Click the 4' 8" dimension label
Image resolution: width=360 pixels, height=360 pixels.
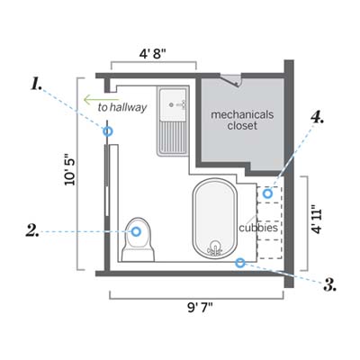coord(153,54)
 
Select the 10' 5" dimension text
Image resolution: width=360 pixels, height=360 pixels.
coord(70,172)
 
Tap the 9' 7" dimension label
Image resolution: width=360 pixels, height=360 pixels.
coord(200,308)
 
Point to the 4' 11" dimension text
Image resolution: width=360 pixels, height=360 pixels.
coord(317,220)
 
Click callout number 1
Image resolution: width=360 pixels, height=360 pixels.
coord(36,84)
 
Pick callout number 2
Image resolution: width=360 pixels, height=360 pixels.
coord(32,231)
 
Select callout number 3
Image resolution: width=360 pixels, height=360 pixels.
coord(329,284)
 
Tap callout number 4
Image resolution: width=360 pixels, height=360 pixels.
coord(318,117)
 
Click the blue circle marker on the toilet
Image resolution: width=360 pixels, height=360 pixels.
coord(136,231)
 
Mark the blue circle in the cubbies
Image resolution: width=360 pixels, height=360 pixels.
coord(267,193)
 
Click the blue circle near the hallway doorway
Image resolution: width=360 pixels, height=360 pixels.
coord(108,131)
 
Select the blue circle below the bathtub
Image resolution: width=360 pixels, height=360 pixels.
coord(239,263)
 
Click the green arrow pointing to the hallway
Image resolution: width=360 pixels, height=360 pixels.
coord(101,100)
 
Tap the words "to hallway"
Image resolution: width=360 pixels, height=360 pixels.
coord(122,107)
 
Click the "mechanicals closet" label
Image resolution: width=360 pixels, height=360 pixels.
coord(242,120)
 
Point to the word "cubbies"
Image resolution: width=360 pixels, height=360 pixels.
coord(258,228)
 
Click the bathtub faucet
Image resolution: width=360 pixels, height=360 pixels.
coord(215,248)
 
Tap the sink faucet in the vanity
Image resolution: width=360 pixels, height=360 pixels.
coord(179,104)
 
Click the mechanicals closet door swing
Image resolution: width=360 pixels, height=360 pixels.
coord(231,80)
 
